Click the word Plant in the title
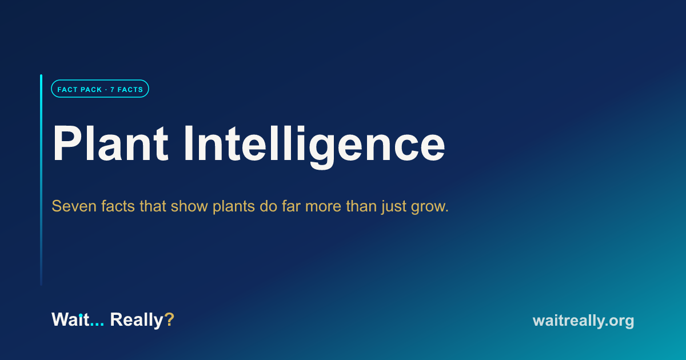[110, 143]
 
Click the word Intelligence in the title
[314, 146]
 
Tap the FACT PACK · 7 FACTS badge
[100, 89]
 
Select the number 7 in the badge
[112, 90]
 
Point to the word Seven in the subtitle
[74, 206]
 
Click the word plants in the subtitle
[234, 207]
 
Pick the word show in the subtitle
[189, 206]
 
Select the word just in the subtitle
[394, 207]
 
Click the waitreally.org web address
[584, 321]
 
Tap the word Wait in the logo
[70, 319]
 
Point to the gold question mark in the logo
[169, 319]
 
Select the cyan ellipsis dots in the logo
[97, 325]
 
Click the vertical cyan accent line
[41, 180]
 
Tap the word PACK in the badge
[91, 90]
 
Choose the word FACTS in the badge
[130, 90]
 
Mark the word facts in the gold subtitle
[118, 206]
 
